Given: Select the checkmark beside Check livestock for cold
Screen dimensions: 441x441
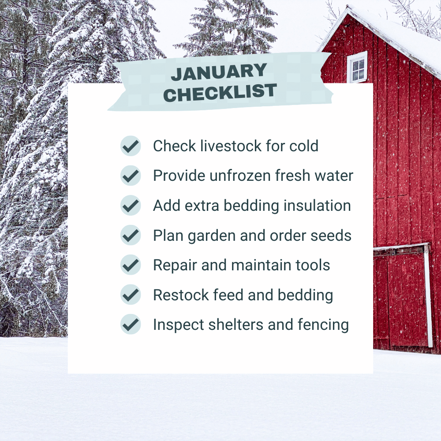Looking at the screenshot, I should click(131, 146).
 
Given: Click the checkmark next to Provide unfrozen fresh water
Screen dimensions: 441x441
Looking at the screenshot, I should click(131, 176).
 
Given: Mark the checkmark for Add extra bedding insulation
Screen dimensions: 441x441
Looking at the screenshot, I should click(131, 206).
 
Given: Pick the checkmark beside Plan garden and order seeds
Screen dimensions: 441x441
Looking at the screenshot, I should click(131, 235).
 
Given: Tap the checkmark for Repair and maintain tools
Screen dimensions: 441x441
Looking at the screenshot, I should click(131, 265).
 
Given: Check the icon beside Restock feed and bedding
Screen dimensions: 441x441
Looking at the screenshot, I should click(131, 295).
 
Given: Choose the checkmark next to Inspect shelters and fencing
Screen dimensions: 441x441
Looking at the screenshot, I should click(131, 325).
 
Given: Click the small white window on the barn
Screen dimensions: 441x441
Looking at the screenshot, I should click(357, 67).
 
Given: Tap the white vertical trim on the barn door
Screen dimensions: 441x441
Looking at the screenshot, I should click(427, 295).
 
